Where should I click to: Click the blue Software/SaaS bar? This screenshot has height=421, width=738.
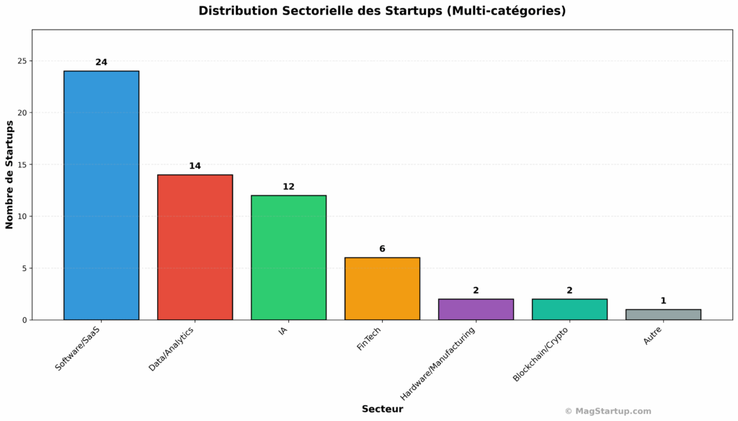pyautogui.click(x=101, y=195)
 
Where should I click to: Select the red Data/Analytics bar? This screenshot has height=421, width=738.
pyautogui.click(x=195, y=247)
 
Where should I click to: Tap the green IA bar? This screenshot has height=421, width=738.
pyautogui.click(x=288, y=257)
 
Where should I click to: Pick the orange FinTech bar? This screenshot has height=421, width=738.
pyautogui.click(x=382, y=288)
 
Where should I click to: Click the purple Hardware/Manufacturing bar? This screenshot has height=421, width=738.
pyautogui.click(x=476, y=309)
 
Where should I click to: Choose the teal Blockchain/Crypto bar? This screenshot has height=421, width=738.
pyautogui.click(x=569, y=309)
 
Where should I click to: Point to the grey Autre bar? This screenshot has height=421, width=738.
pyautogui.click(x=663, y=314)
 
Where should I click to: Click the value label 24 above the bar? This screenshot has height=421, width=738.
pyautogui.click(x=101, y=63)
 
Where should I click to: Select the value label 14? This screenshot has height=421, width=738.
pyautogui.click(x=195, y=167)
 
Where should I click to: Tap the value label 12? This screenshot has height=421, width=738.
pyautogui.click(x=288, y=187)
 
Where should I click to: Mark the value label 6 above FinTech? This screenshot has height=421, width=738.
pyautogui.click(x=382, y=249)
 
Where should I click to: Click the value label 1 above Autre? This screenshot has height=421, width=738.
pyautogui.click(x=663, y=301)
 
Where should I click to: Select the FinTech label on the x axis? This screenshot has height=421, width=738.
pyautogui.click(x=369, y=339)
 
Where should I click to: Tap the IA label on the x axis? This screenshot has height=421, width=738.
pyautogui.click(x=283, y=332)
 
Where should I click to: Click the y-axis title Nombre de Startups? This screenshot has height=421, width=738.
pyautogui.click(x=10, y=174)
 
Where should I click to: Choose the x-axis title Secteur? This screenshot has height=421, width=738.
pyautogui.click(x=382, y=409)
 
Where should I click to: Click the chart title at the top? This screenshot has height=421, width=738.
pyautogui.click(x=382, y=11)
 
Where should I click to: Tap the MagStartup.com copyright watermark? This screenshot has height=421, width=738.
pyautogui.click(x=608, y=411)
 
